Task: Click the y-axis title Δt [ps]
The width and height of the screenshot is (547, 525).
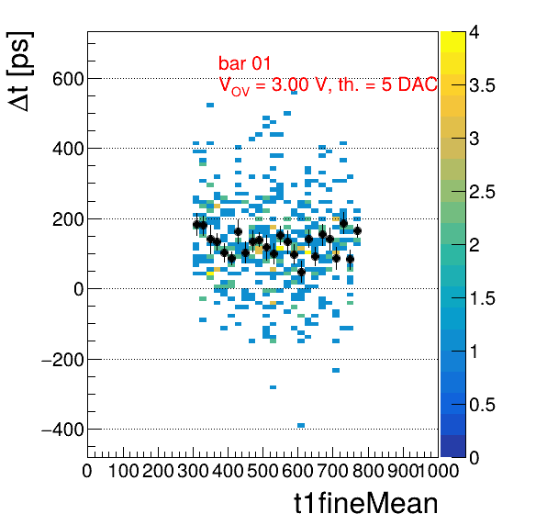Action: [20, 72]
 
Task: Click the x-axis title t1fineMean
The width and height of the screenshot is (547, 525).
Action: [366, 503]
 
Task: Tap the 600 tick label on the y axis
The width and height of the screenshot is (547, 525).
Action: [68, 79]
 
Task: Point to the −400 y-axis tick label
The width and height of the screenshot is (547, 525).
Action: [62, 430]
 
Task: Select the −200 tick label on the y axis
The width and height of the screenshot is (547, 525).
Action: [62, 360]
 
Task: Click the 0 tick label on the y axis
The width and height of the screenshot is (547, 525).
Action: [79, 289]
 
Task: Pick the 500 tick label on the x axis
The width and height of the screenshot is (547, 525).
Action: [262, 471]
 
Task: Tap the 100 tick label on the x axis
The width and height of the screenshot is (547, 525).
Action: [124, 471]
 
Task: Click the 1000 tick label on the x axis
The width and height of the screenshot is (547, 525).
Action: [438, 471]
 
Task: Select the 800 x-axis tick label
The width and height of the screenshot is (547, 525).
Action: [368, 471]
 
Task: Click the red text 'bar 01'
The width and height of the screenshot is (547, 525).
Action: [244, 63]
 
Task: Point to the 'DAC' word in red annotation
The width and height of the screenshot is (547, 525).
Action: [418, 84]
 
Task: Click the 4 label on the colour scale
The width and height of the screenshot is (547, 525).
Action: [474, 32]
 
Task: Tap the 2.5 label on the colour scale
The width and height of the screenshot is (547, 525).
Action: [482, 192]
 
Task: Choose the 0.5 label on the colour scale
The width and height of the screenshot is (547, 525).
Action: [482, 405]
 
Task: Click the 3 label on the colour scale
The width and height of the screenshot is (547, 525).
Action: [474, 139]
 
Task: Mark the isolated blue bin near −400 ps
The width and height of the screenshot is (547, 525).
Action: [301, 425]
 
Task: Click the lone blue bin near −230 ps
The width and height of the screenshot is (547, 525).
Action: [336, 370]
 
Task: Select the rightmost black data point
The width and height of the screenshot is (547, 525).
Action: [357, 230]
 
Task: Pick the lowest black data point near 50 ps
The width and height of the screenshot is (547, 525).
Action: [301, 272]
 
